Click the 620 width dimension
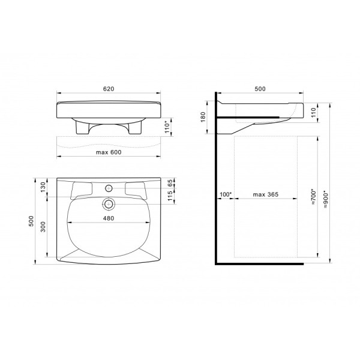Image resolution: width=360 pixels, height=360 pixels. (108, 88)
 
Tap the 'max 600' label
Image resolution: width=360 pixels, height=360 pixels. (109, 152)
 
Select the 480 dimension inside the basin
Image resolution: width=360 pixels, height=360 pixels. (108, 218)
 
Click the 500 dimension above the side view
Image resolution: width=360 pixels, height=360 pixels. (260, 88)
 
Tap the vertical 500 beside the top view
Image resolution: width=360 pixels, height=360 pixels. (31, 221)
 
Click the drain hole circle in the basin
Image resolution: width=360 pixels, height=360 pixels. (108, 203)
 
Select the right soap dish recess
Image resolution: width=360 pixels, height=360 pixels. (136, 188)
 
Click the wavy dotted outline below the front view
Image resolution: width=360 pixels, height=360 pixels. (108, 142)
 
